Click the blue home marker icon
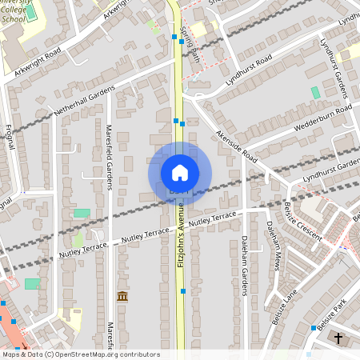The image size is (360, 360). click(x=180, y=173)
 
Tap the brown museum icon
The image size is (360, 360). click(x=122, y=297)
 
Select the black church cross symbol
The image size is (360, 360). click(x=338, y=338)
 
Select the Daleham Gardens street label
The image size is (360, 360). click(x=242, y=264)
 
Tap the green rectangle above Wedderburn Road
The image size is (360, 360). click(x=315, y=93)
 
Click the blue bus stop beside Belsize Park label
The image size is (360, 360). click(x=311, y=328)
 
